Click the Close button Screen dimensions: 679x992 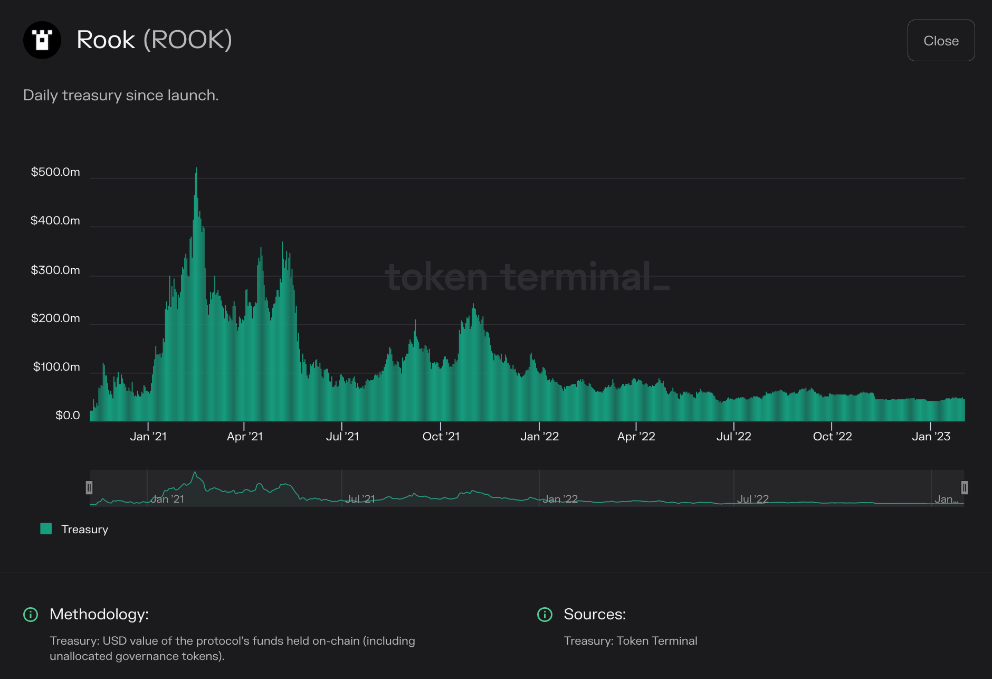[x=941, y=41]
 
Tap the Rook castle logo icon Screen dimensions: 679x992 [x=42, y=40]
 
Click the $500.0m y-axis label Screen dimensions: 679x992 [x=55, y=172]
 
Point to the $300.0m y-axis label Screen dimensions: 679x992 [x=55, y=270]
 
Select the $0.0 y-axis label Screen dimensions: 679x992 [x=68, y=416]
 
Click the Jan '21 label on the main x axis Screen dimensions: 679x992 [x=148, y=437]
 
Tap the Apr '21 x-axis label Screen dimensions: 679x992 [x=245, y=437]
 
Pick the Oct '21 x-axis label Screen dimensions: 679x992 [x=441, y=437]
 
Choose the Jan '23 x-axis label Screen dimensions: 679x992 [x=931, y=437]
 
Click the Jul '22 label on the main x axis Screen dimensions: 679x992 [x=733, y=437]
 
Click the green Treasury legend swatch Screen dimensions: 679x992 [x=46, y=529]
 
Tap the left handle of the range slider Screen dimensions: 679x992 [x=89, y=487]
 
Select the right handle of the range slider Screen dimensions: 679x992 [x=964, y=487]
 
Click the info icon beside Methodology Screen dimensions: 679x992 [x=31, y=615]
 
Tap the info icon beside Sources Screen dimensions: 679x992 [x=545, y=615]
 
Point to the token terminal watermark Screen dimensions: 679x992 [x=528, y=277]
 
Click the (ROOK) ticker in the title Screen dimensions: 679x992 [x=188, y=40]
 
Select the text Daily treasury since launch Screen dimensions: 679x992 [x=121, y=95]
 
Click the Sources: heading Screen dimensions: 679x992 [x=595, y=614]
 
